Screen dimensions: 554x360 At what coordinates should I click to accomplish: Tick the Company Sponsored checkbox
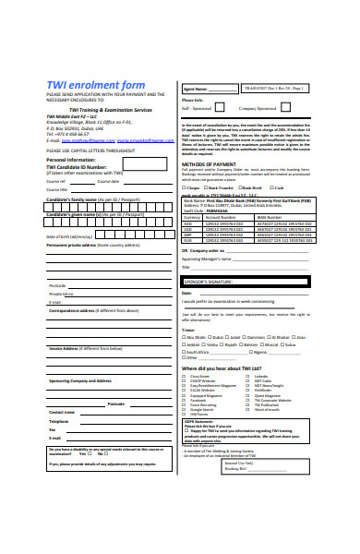[285, 108]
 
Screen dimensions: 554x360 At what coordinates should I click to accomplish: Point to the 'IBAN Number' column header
[272, 217]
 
